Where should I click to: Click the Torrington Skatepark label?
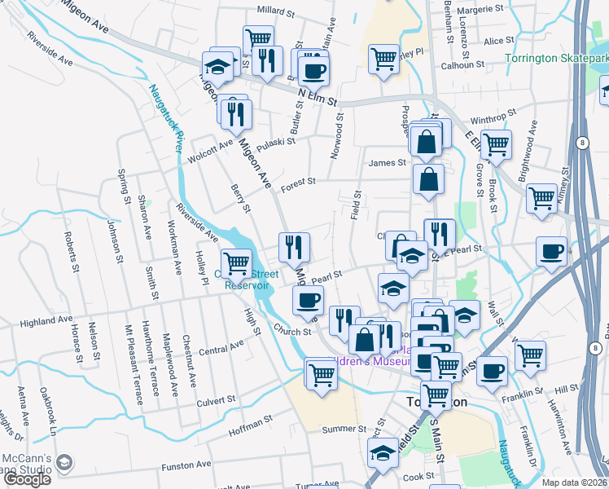pyautogui.click(x=556, y=59)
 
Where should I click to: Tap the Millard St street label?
pyautogui.click(x=275, y=11)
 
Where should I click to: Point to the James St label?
pyautogui.click(x=387, y=163)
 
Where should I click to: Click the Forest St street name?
pyautogui.click(x=299, y=187)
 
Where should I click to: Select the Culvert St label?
pyautogui.click(x=215, y=400)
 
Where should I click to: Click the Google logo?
pyautogui.click(x=27, y=479)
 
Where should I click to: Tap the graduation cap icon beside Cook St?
pyautogui.click(x=383, y=452)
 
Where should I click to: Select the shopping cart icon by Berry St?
pyautogui.click(x=237, y=262)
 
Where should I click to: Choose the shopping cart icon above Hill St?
pyautogui.click(x=530, y=354)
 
